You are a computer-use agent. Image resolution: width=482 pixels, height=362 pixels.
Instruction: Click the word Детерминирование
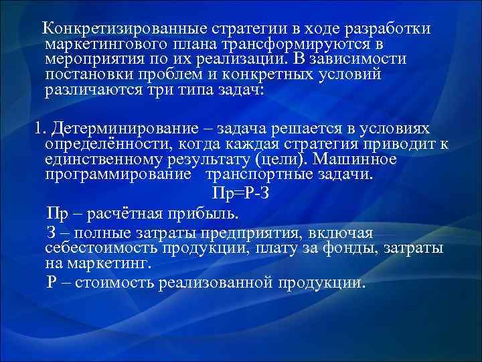point(120,128)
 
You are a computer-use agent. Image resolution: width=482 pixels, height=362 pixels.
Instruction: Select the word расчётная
point(119,214)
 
